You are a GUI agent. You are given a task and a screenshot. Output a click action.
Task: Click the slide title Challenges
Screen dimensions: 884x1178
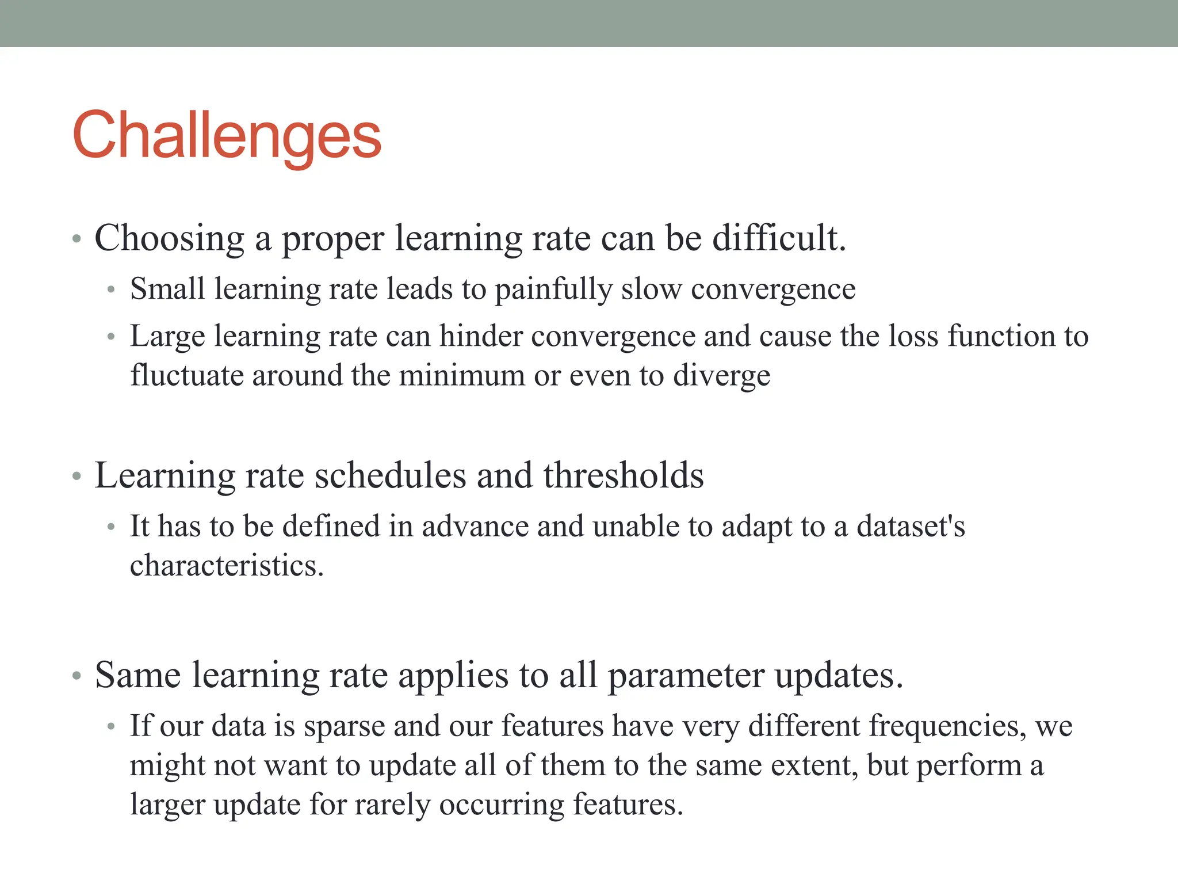[227, 136]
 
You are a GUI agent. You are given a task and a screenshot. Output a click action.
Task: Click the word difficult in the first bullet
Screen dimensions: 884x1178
[779, 238]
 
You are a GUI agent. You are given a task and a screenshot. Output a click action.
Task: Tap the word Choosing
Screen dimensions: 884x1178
[169, 238]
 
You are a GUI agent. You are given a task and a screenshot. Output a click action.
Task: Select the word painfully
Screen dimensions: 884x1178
[553, 289]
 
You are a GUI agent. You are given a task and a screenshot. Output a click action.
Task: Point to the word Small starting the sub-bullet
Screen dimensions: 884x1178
[167, 289]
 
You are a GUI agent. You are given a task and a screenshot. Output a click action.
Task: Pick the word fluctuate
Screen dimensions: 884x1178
[186, 376]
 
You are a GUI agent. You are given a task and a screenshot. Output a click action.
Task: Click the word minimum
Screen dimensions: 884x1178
[462, 376]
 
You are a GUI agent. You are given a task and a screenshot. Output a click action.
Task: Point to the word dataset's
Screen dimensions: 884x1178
[911, 527]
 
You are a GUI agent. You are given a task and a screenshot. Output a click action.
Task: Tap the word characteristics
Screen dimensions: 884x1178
[227, 566]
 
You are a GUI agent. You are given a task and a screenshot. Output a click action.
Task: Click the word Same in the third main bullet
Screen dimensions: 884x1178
[138, 675]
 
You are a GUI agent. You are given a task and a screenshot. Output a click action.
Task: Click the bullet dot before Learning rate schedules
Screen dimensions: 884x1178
[77, 477]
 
